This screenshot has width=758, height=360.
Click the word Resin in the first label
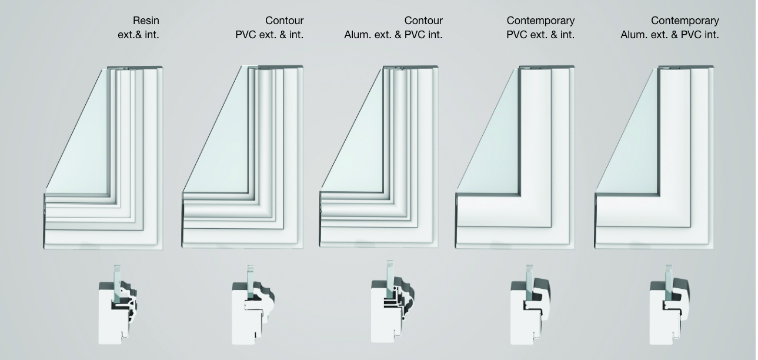146,21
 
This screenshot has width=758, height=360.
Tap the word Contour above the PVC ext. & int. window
284,21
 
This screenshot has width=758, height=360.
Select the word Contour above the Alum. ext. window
423,21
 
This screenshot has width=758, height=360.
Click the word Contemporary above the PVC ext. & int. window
540,21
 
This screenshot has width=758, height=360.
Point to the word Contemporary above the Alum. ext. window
685,21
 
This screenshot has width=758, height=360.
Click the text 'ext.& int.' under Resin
138,35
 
